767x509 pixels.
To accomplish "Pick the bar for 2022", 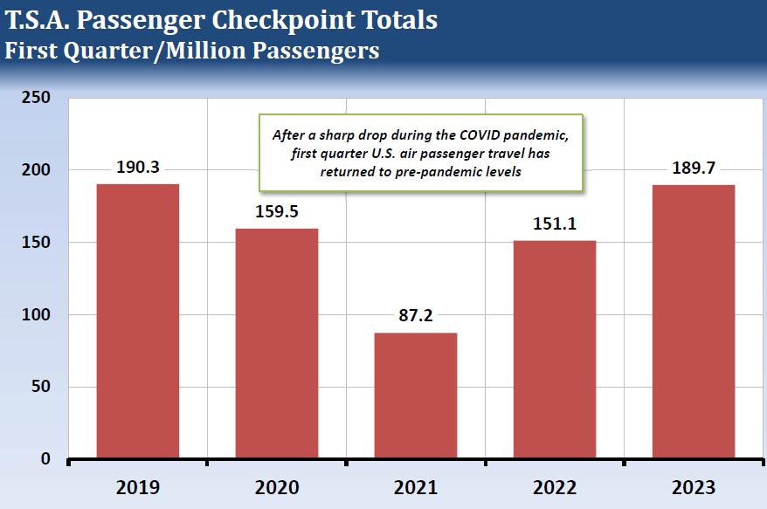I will coord(555,348).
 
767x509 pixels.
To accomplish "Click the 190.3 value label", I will coord(137,167).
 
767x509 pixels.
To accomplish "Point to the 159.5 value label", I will coord(276,211).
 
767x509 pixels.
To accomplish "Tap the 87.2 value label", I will coord(415,315).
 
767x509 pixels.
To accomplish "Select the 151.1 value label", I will coord(555,224).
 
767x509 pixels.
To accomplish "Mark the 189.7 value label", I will coord(694,168).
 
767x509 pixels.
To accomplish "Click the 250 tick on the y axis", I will coord(38,97).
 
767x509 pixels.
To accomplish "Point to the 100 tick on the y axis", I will coord(38,314).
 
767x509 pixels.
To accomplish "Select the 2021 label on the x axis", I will coord(415,486).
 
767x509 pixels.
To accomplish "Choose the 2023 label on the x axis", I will coord(694,486).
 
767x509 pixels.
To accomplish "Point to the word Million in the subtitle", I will coord(206,50).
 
